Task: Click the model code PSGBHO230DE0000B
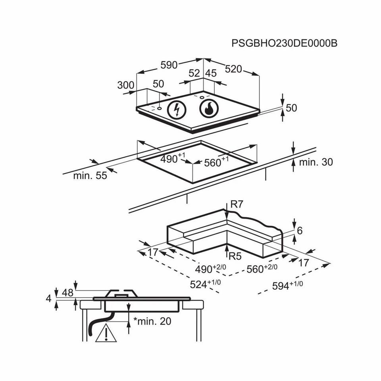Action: (284, 43)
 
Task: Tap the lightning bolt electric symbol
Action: (176, 109)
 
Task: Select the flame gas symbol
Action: (208, 108)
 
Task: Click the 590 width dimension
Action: (169, 65)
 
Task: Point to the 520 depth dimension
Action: (233, 69)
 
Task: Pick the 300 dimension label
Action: (125, 85)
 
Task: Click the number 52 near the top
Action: (194, 73)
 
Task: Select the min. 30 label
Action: (316, 162)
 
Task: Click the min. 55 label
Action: (90, 175)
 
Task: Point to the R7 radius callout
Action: (237, 205)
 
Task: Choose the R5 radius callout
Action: (235, 256)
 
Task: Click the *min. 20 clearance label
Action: (152, 321)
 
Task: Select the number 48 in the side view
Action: (68, 293)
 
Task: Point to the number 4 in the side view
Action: (49, 299)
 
